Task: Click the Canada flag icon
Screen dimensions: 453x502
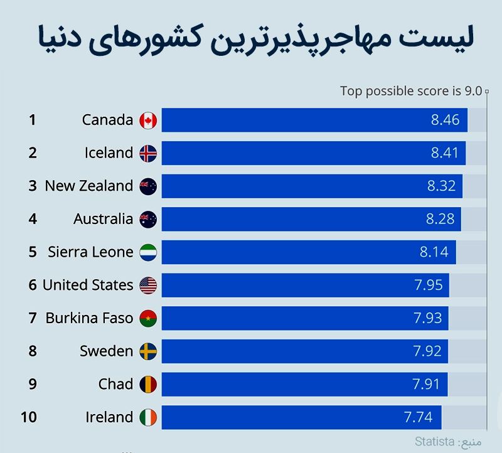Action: pos(148,120)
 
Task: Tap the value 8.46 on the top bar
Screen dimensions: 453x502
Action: pos(445,120)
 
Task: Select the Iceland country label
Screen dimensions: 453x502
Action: pos(109,153)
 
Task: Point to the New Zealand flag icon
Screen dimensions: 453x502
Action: pos(148,186)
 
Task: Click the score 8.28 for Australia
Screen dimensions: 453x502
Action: pos(439,219)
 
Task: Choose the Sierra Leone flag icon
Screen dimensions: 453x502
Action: pos(148,252)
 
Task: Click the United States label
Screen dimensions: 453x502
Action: pos(88,285)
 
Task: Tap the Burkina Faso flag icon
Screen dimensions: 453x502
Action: pos(148,318)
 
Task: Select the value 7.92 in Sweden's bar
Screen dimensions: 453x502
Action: pos(427,351)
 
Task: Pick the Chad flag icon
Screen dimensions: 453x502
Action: pos(148,384)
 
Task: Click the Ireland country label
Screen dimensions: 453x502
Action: pos(109,417)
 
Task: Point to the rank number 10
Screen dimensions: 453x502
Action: pos(28,417)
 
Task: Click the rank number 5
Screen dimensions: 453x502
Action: pos(33,252)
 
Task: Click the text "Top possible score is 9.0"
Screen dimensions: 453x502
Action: pos(411,91)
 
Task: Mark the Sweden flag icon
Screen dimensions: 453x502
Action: pos(148,351)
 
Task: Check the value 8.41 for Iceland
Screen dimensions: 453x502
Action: pos(444,153)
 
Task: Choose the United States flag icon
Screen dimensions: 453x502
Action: pos(148,285)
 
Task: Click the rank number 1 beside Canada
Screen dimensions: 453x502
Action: pos(33,120)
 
